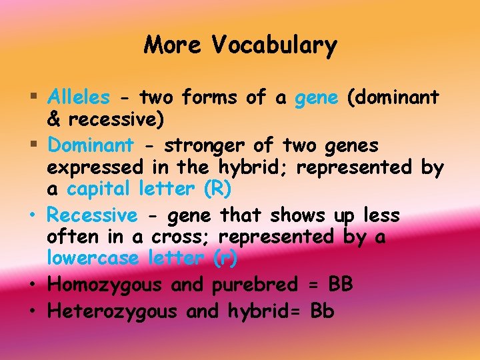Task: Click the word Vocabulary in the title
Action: tap(275, 46)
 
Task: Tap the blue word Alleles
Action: tap(79, 98)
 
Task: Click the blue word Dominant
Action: tap(91, 145)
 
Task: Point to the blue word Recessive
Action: tap(92, 215)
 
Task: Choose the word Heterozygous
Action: tap(113, 311)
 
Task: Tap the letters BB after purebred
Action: tap(341, 285)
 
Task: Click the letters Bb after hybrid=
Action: tap(321, 311)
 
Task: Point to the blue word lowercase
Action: tap(93, 258)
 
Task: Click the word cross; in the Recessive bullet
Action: tap(181, 237)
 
